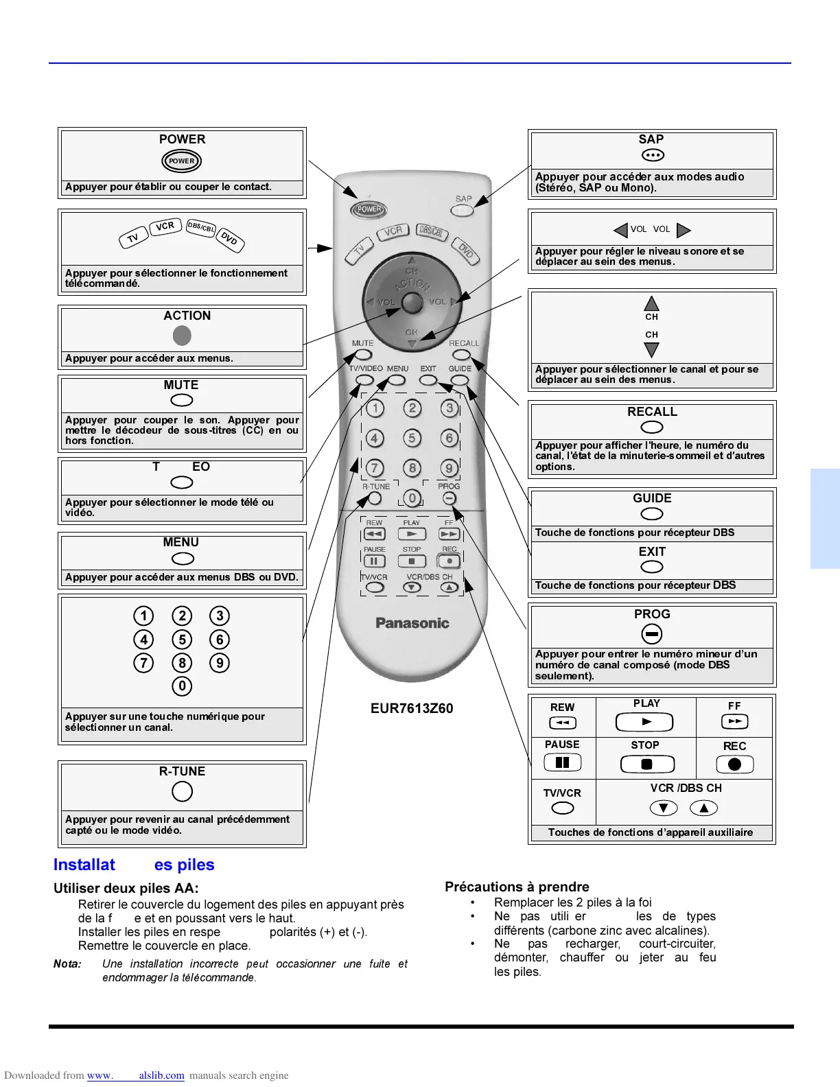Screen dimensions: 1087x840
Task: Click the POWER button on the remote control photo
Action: coord(369,209)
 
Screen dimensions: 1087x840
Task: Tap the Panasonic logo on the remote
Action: coord(412,623)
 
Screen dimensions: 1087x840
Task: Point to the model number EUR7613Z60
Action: coord(412,708)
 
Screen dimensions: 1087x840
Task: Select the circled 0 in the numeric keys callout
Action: coord(182,686)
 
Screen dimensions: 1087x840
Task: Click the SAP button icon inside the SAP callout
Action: coord(653,156)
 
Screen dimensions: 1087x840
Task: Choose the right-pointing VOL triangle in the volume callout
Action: coord(684,230)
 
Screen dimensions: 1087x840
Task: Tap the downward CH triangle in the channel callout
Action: coord(651,350)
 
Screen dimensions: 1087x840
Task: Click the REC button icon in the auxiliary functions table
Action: coord(734,764)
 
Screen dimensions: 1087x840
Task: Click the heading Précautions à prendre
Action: coord(517,887)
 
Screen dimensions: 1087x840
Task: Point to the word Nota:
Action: coord(67,963)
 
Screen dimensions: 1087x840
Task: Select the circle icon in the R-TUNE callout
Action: coord(182,791)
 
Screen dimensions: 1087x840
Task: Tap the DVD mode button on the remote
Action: coord(466,251)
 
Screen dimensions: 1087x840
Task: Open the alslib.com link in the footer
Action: coord(161,1075)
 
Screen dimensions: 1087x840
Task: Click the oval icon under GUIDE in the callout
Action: coord(652,514)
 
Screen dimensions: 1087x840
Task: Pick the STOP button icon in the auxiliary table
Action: coord(646,764)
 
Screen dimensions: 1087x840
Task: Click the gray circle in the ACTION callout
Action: coord(182,336)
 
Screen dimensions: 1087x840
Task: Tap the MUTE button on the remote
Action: coord(363,355)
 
